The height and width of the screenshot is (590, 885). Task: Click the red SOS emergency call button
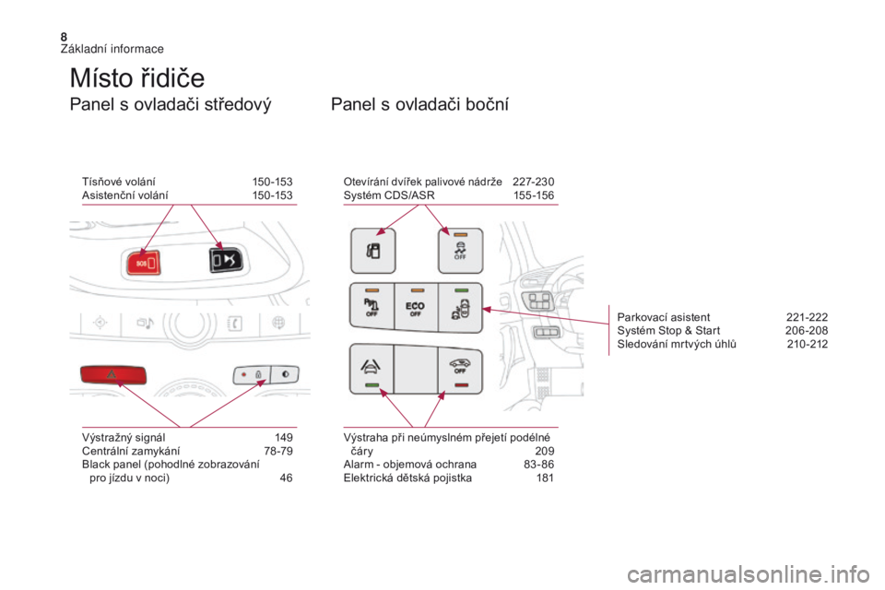pos(144,263)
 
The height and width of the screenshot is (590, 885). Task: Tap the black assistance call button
pos(226,260)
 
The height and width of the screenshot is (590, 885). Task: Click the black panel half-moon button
pos(285,373)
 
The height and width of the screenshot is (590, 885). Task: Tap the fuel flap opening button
pos(373,251)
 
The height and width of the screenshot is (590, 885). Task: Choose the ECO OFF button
pos(416,307)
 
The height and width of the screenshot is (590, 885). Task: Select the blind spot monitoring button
pos(461,308)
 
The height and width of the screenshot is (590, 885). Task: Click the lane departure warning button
pos(372,368)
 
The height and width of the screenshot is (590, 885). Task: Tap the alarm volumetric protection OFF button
pos(461,368)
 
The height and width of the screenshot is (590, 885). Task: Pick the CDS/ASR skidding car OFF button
pos(461,251)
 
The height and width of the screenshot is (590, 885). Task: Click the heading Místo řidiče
pos(137,78)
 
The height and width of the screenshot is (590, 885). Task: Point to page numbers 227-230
pos(534,182)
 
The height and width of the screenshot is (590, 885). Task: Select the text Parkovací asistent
pos(664,317)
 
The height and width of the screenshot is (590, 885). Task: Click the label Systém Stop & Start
pos(668,331)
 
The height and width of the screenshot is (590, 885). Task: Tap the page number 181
pos(545,478)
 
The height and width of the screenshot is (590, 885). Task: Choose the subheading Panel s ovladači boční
pos(420,104)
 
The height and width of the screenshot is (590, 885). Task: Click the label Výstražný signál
pos(124,438)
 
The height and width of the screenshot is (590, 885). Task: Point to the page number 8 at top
pos(64,37)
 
